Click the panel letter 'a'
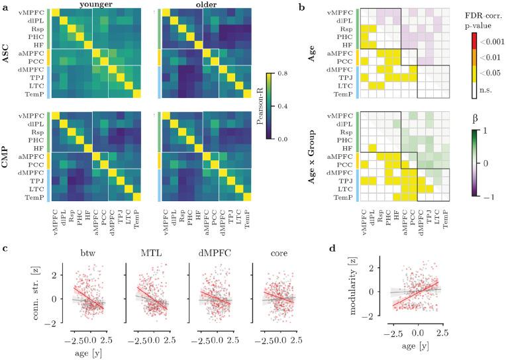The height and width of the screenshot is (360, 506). pyautogui.click(x=5, y=7)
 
